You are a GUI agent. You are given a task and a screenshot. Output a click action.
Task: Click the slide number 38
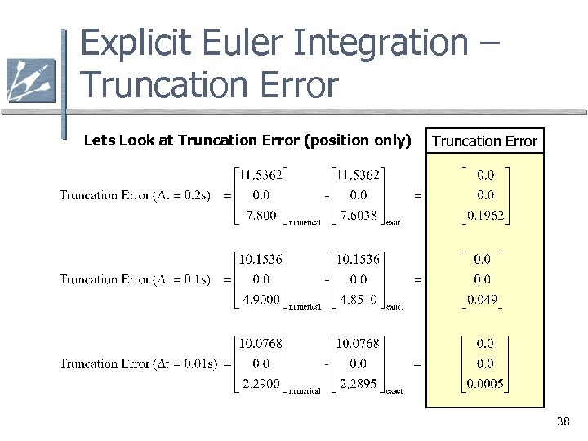(x=562, y=422)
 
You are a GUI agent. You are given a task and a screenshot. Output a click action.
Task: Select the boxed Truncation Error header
(x=484, y=141)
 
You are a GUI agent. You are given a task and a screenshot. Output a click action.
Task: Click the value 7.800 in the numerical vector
(x=261, y=216)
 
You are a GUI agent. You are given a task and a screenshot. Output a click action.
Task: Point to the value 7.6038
(x=359, y=216)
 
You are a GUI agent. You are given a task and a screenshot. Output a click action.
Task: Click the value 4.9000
(x=261, y=300)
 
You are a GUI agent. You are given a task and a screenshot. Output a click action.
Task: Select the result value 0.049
(x=482, y=300)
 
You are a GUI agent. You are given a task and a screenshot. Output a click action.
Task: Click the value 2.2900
(x=261, y=384)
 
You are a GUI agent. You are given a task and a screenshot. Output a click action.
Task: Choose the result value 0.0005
(x=485, y=384)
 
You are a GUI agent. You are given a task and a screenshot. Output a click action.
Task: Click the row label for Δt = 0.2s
(x=135, y=195)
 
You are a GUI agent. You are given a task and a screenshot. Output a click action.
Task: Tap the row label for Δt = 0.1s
(x=135, y=279)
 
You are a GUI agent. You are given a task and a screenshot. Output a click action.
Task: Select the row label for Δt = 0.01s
(x=138, y=363)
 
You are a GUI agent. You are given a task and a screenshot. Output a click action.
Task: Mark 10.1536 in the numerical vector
(x=261, y=259)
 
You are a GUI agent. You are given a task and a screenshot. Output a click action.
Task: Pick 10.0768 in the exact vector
(x=358, y=343)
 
